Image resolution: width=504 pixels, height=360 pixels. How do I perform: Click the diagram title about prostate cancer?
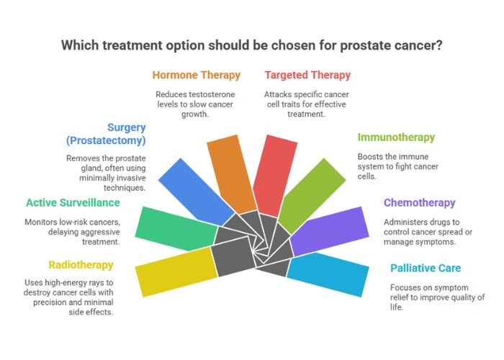click(251, 45)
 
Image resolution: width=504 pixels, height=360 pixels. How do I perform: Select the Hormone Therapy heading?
click(196, 75)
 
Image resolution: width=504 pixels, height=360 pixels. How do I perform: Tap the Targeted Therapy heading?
click(307, 75)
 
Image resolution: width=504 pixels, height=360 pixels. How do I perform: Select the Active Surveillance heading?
click(72, 203)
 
